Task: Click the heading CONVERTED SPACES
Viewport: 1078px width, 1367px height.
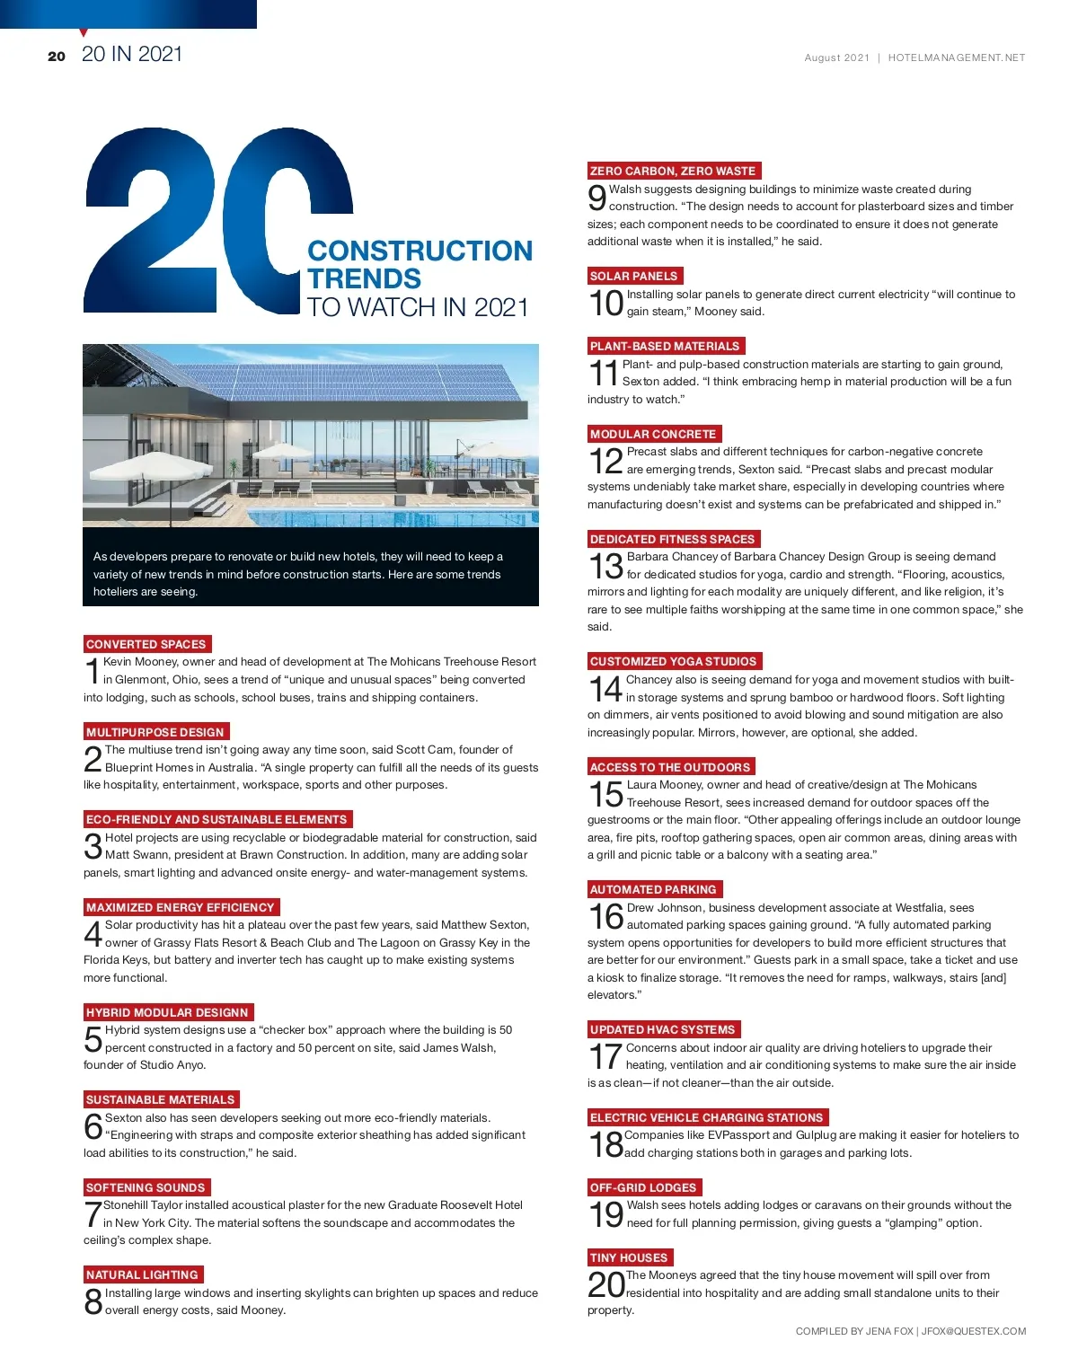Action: point(146,644)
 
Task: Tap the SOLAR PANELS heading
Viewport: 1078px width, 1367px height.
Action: point(634,276)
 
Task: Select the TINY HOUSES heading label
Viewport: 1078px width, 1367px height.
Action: point(629,1257)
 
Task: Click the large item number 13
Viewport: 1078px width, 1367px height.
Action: point(605,566)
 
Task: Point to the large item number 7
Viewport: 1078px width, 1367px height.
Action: point(92,1214)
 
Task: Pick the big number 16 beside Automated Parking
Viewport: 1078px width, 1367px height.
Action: point(605,917)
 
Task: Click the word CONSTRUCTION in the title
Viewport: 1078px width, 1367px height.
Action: point(420,251)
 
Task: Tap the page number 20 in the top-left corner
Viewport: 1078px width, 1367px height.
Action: point(57,57)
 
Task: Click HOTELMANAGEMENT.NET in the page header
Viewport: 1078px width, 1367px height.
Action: point(956,57)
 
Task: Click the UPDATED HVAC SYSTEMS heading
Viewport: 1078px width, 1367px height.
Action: point(663,1029)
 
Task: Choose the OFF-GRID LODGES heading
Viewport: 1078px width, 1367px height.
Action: point(643,1187)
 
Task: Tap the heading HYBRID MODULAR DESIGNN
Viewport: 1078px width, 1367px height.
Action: point(167,1012)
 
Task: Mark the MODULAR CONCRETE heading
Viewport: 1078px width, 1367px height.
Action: point(653,434)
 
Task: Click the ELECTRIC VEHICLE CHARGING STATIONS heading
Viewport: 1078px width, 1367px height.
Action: point(706,1117)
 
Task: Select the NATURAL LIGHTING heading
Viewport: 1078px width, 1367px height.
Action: point(142,1274)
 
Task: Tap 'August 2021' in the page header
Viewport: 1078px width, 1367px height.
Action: point(836,57)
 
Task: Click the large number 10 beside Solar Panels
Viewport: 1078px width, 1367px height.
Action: point(605,304)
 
